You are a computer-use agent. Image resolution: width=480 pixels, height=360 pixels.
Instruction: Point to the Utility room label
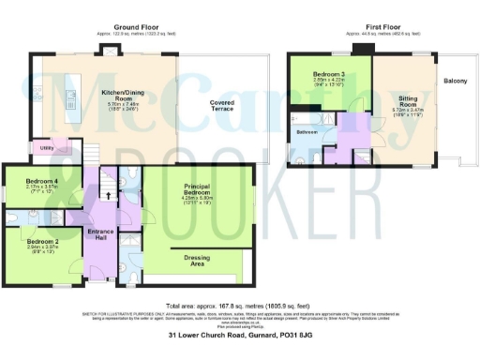(46, 147)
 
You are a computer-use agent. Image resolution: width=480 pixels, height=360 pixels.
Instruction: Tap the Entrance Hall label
(99, 233)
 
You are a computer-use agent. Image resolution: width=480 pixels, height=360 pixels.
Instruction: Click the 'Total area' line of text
(238, 305)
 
